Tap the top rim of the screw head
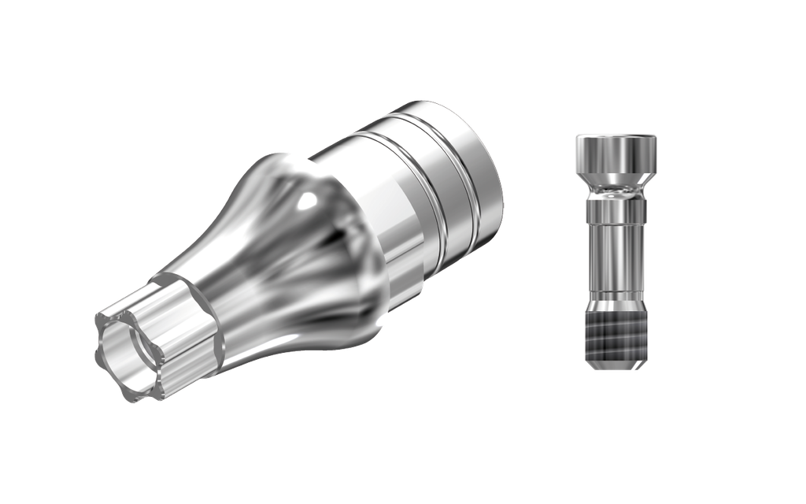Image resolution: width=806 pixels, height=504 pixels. [x=615, y=136]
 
